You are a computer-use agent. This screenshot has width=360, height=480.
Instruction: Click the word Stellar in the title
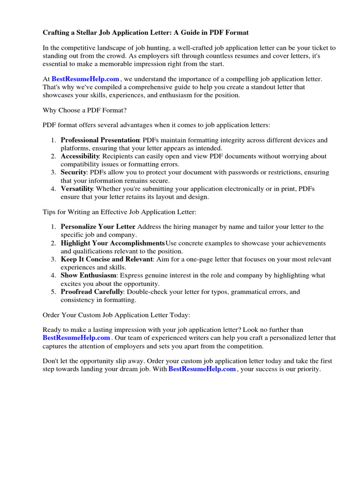coord(87,32)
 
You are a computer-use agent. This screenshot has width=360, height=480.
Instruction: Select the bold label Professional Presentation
coord(100,140)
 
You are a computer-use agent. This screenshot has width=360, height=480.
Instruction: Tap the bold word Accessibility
coord(80,157)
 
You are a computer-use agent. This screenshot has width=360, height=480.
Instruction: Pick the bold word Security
coord(74,172)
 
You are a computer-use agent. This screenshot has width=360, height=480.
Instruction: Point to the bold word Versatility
coord(77,189)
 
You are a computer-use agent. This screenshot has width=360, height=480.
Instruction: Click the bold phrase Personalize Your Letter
coord(98,227)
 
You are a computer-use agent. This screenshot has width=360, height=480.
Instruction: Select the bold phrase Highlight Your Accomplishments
coord(112,243)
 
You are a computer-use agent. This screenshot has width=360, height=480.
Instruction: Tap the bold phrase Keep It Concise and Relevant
coord(106,259)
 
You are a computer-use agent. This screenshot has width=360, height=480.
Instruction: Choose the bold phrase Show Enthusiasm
coord(88,276)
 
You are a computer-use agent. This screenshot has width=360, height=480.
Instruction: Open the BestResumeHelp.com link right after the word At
coord(85,79)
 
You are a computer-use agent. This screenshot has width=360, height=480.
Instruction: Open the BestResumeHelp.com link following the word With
coord(202,369)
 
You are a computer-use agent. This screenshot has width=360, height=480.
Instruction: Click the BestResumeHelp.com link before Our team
coord(76,337)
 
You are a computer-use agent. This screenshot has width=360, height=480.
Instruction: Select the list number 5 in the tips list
coord(53,292)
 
